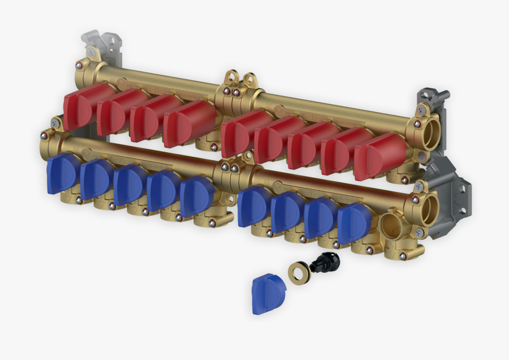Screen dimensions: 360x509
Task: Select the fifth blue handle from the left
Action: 197,195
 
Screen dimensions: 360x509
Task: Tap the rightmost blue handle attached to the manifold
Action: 353,223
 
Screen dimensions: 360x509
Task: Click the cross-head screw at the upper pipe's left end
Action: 91,52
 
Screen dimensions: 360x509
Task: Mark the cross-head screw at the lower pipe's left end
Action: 55,120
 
